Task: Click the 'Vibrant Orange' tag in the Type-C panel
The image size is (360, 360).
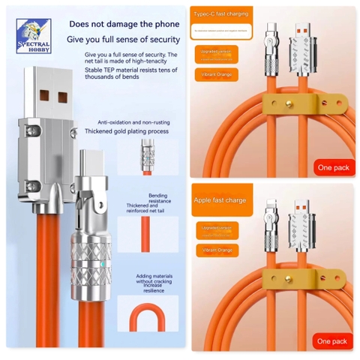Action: (215, 75)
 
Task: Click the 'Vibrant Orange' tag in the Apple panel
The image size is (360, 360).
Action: (215, 248)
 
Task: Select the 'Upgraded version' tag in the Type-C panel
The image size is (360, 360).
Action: (215, 52)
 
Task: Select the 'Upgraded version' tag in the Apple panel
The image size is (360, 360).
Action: (215, 226)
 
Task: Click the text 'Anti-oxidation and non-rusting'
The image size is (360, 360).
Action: (135, 121)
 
